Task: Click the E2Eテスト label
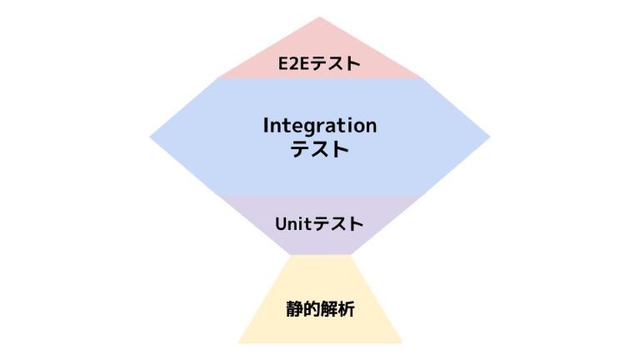319,63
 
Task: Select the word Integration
320,126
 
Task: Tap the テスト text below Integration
320,149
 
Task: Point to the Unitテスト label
319,224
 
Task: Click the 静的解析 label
320,309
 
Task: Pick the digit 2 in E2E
295,64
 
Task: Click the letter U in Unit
282,224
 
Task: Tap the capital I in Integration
266,125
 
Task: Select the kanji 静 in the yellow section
295,309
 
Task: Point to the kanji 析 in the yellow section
346,309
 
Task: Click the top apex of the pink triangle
320,17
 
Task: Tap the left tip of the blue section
150,137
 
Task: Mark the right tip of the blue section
490,137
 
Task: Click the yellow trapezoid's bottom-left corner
238,342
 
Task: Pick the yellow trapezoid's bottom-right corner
402,342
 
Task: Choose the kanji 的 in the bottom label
312,309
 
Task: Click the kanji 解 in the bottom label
329,309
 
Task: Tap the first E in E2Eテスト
283,64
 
